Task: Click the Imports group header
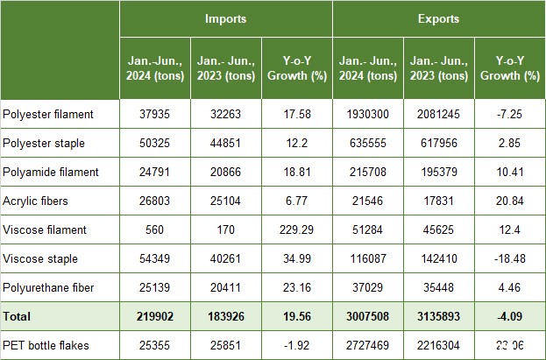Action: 225,18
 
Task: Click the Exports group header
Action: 438,18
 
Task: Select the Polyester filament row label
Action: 60,114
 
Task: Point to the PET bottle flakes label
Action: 50,345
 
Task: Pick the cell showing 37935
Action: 153,114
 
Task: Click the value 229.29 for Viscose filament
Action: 296,229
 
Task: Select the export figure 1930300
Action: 367,114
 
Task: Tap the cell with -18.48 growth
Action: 509,258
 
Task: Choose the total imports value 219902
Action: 153,316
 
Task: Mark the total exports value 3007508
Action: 367,316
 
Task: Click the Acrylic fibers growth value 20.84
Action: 509,201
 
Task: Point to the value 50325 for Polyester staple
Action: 153,143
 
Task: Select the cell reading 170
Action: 225,229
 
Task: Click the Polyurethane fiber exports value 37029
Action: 367,287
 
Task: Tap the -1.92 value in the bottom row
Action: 296,345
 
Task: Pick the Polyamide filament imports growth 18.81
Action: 296,172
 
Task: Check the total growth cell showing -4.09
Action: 509,316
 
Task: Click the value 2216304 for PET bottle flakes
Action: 438,345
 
